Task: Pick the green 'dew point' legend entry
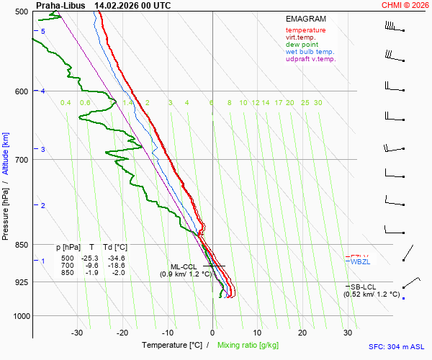[302, 45]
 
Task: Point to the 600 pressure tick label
[20, 91]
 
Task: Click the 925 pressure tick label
[20, 282]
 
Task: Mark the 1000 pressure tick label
[19, 316]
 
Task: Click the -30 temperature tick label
[77, 333]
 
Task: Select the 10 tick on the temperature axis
[257, 333]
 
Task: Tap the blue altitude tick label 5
[43, 32]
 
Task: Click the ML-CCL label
[184, 266]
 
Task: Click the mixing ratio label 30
[318, 103]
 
